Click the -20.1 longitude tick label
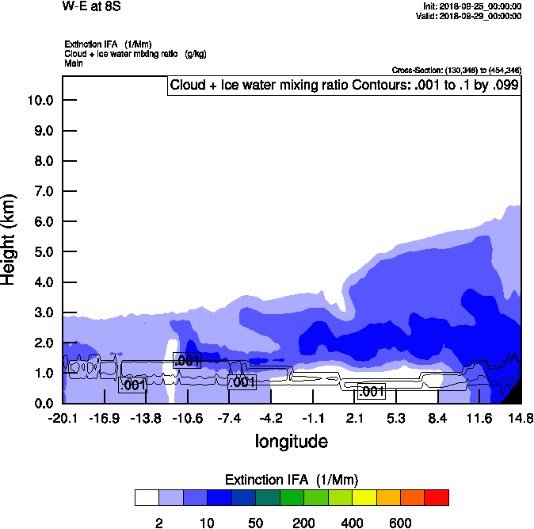(63, 418)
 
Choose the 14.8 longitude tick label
(521, 418)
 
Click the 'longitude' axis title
(291, 441)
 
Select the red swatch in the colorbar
(437, 497)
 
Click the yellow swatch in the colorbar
(364, 497)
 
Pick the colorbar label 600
(400, 523)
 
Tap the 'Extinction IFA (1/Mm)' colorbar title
(292, 480)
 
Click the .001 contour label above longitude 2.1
(371, 391)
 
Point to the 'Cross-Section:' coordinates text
(456, 70)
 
